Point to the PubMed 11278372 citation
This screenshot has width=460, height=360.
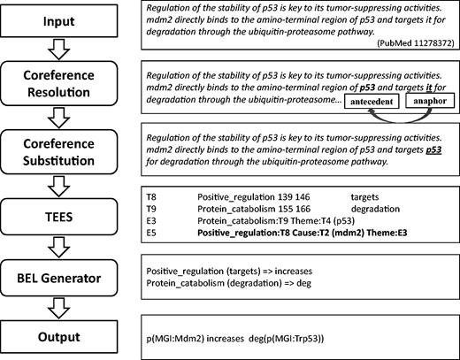click(406, 42)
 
